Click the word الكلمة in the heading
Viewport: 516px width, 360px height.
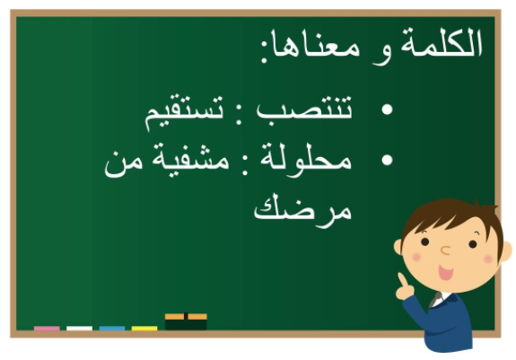pyautogui.click(x=441, y=43)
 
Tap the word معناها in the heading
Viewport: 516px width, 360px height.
pyautogui.click(x=317, y=46)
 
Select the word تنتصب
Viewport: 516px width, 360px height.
pyautogui.click(x=304, y=110)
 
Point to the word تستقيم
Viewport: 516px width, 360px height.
pyautogui.click(x=184, y=112)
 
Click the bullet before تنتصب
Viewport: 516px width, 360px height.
pyautogui.click(x=387, y=110)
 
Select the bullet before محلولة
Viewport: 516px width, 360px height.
pyautogui.click(x=387, y=160)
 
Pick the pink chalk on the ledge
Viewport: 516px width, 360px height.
pyautogui.click(x=47, y=328)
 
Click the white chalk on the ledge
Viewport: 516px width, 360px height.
pyautogui.click(x=79, y=328)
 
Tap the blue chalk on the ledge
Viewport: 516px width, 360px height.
pyautogui.click(x=112, y=328)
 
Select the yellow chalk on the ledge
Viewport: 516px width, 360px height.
pyautogui.click(x=144, y=328)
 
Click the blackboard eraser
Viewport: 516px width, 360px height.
pyautogui.click(x=186, y=321)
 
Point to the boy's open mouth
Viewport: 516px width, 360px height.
pyautogui.click(x=446, y=272)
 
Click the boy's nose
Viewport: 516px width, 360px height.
pyautogui.click(x=445, y=250)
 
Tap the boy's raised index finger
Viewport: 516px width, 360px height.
pyautogui.click(x=402, y=280)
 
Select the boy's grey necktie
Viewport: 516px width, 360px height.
pyautogui.click(x=436, y=299)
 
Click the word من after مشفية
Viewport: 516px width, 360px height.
pyautogui.click(x=124, y=163)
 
